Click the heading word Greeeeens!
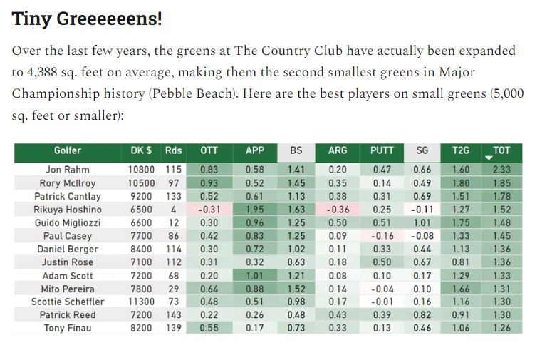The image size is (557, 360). (109, 19)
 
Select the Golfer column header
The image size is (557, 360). (68, 150)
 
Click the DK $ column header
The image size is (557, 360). (141, 150)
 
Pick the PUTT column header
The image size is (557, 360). (382, 150)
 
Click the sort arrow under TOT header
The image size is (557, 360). (489, 158)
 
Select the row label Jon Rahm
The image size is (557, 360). (68, 170)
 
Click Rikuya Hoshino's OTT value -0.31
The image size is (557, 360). (209, 210)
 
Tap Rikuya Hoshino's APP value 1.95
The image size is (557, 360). (255, 210)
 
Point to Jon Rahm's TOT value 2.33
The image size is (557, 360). (501, 170)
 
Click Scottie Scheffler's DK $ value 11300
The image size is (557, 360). (141, 302)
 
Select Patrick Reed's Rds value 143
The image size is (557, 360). (173, 315)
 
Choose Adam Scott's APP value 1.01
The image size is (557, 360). (255, 276)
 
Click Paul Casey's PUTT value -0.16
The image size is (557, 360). (382, 236)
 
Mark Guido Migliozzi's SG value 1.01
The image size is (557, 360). (422, 223)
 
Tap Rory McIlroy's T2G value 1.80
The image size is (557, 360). (461, 183)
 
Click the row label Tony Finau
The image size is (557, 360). (68, 328)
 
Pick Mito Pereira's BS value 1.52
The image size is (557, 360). (296, 289)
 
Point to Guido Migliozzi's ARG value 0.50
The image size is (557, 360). (338, 223)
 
